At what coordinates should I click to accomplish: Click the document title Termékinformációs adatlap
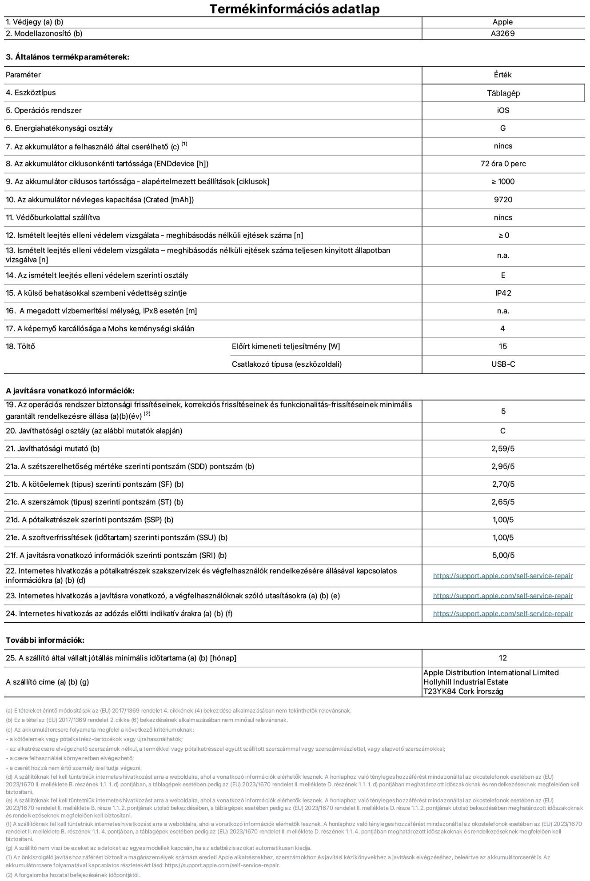point(294,9)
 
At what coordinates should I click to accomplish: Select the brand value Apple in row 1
point(502,22)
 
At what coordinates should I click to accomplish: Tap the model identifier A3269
point(502,34)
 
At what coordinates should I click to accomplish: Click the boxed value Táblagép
point(503,93)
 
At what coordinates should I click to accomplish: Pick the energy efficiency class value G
point(503,128)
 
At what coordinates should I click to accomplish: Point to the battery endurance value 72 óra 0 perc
point(503,164)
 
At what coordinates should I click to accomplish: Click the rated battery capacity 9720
point(503,200)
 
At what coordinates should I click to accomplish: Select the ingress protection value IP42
point(503,293)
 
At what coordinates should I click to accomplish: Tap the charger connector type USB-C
point(503,364)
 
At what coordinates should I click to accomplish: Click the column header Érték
point(502,75)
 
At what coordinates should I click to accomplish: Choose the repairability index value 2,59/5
point(503,449)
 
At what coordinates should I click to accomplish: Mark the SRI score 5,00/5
point(503,556)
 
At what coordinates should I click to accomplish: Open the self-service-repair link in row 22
point(502,576)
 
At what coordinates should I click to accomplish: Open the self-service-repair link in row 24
point(502,614)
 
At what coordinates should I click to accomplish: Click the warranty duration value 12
point(503,658)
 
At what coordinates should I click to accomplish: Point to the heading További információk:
point(45,641)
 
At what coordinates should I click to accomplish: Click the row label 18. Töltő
point(20,347)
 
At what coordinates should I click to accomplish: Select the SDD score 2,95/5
point(503,467)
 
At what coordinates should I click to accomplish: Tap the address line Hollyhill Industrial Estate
point(466,682)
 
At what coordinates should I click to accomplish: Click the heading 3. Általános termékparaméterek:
point(68,57)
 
